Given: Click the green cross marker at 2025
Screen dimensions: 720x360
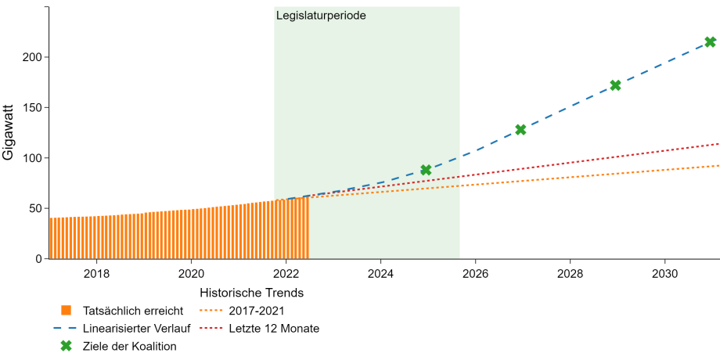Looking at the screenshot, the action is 426,170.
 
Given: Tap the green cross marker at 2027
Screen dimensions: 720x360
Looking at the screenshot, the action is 520,129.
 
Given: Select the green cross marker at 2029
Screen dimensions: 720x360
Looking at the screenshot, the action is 615,85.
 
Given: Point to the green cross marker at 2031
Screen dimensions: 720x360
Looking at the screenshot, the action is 710,41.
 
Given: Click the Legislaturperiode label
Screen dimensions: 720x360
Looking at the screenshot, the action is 321,16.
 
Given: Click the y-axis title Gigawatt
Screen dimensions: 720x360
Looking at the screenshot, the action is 9,133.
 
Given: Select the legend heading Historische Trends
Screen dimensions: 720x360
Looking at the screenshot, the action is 253,293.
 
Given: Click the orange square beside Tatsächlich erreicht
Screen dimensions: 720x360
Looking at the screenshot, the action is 67,311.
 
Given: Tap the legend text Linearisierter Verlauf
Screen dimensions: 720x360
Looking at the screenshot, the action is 137,329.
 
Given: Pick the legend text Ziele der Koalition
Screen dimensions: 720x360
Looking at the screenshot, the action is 130,346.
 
